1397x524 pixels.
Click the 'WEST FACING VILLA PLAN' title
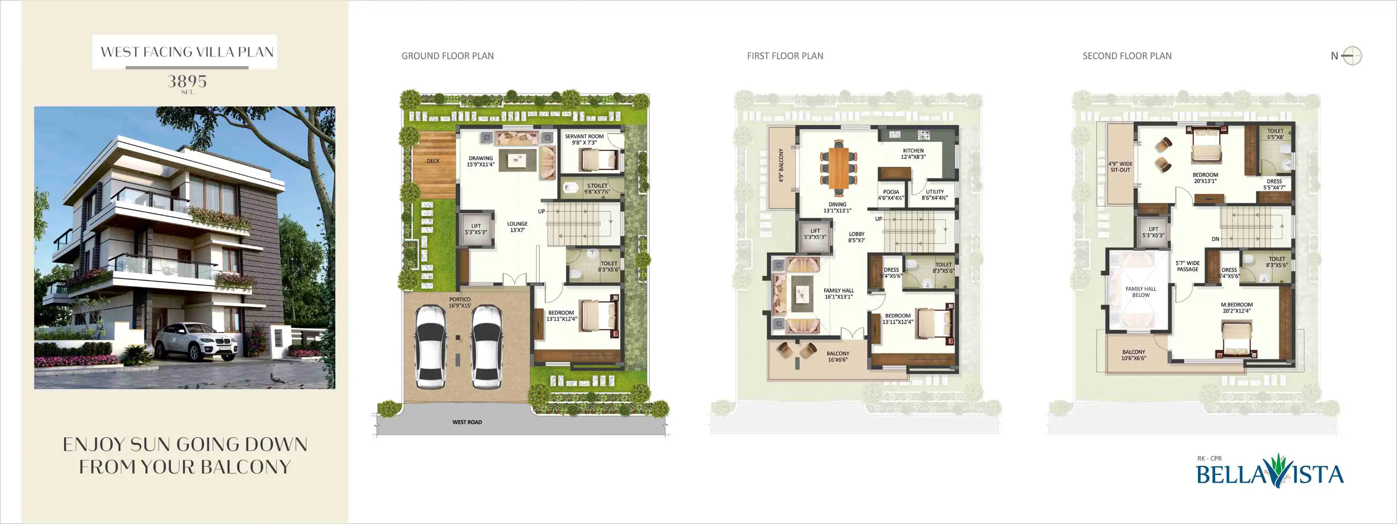[187, 52]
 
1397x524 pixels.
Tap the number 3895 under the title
[187, 81]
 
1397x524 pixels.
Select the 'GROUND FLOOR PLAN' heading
[447, 56]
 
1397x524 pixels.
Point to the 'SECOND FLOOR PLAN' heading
[1127, 56]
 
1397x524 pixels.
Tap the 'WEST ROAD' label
[467, 422]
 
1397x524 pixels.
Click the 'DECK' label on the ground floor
[433, 161]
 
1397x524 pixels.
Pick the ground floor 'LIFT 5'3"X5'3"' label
[475, 229]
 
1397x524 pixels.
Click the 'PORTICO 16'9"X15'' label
[460, 302]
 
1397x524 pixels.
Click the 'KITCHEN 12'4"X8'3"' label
[913, 153]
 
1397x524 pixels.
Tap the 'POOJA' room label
[891, 195]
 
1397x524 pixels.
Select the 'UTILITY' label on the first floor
[935, 195]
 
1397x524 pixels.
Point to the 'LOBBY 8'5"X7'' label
[857, 237]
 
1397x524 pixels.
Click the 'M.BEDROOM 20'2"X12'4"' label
[1237, 308]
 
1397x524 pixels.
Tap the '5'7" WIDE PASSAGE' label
[1188, 266]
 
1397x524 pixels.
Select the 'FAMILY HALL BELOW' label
[1141, 292]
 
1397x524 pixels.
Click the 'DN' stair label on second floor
[1216, 239]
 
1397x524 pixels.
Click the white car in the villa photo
[195, 341]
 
